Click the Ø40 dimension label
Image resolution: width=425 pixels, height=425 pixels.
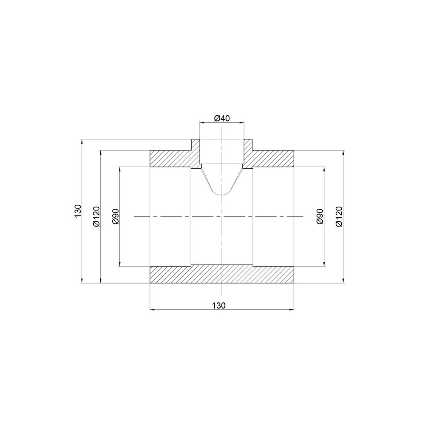pos(222,118)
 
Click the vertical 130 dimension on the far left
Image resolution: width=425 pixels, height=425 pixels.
pos(78,211)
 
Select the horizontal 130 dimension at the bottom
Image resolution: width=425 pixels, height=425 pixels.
pos(219,306)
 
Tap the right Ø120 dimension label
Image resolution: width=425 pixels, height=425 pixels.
pos(339,216)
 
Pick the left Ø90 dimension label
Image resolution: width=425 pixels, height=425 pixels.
pos(116,216)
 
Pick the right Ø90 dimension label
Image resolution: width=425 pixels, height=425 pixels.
pos(320,216)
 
